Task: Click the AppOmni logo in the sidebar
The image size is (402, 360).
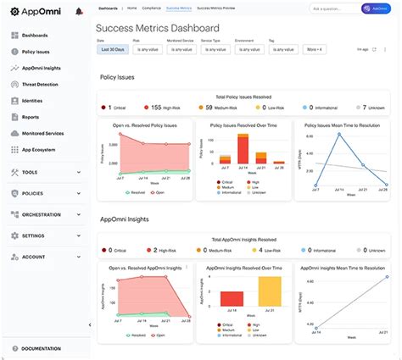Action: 34,11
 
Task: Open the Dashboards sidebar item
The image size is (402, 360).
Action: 36,36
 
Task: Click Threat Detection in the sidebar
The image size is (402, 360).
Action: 40,85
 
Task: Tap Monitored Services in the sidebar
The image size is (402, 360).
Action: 42,134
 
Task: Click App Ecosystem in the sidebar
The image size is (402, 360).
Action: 37,150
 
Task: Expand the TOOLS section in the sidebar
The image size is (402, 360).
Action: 31,172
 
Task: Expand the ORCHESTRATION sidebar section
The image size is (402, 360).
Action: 41,214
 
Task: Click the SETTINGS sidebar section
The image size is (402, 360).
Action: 34,235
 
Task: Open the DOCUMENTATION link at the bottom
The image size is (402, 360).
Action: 41,349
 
